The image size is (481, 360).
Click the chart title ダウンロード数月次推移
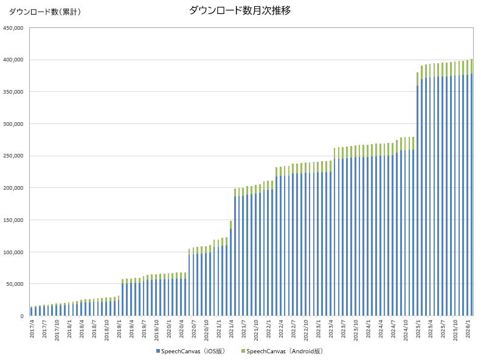(240, 10)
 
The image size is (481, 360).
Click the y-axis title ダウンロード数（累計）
(44, 12)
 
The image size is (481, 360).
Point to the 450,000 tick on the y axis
(13, 28)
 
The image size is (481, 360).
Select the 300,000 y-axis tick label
(13, 124)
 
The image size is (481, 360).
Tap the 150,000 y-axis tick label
(13, 220)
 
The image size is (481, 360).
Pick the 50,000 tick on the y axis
(15, 284)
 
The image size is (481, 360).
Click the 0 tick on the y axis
(21, 316)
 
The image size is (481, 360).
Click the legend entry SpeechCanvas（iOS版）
(193, 351)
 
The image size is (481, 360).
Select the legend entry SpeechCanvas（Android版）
(284, 351)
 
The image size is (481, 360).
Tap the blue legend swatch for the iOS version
(158, 351)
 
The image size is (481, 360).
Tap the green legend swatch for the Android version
(244, 351)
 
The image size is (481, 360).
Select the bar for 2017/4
(32, 311)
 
